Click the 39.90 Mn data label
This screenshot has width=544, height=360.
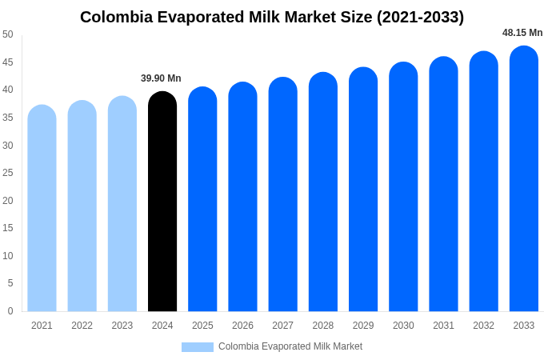pos(161,78)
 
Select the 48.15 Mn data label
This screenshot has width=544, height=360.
pos(522,33)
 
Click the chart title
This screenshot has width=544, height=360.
pos(272,17)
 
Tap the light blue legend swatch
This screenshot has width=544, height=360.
pos(197,347)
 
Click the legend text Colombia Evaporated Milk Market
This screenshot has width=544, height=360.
pos(290,346)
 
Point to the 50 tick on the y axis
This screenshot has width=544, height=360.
pos(8,34)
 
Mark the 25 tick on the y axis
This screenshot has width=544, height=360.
pos(8,173)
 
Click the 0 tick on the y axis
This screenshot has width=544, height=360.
pos(10,311)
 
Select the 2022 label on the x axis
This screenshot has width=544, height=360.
pos(82,326)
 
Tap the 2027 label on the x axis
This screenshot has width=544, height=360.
pos(282,326)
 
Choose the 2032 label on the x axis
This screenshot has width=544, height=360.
pos(483,326)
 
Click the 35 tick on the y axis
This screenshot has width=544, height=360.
pos(8,118)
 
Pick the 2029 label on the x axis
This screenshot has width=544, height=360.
pos(363,326)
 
